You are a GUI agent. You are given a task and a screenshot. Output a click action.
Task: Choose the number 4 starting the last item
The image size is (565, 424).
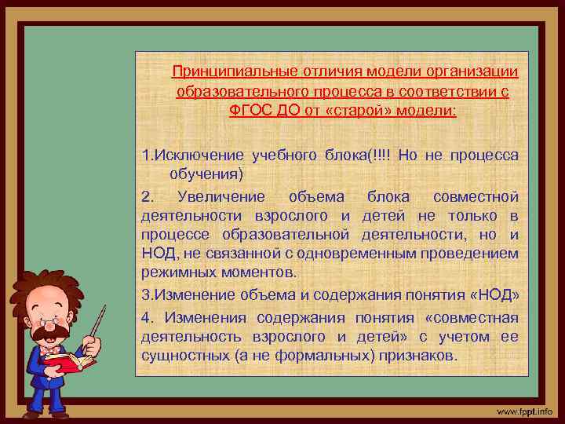[x=146, y=317]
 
